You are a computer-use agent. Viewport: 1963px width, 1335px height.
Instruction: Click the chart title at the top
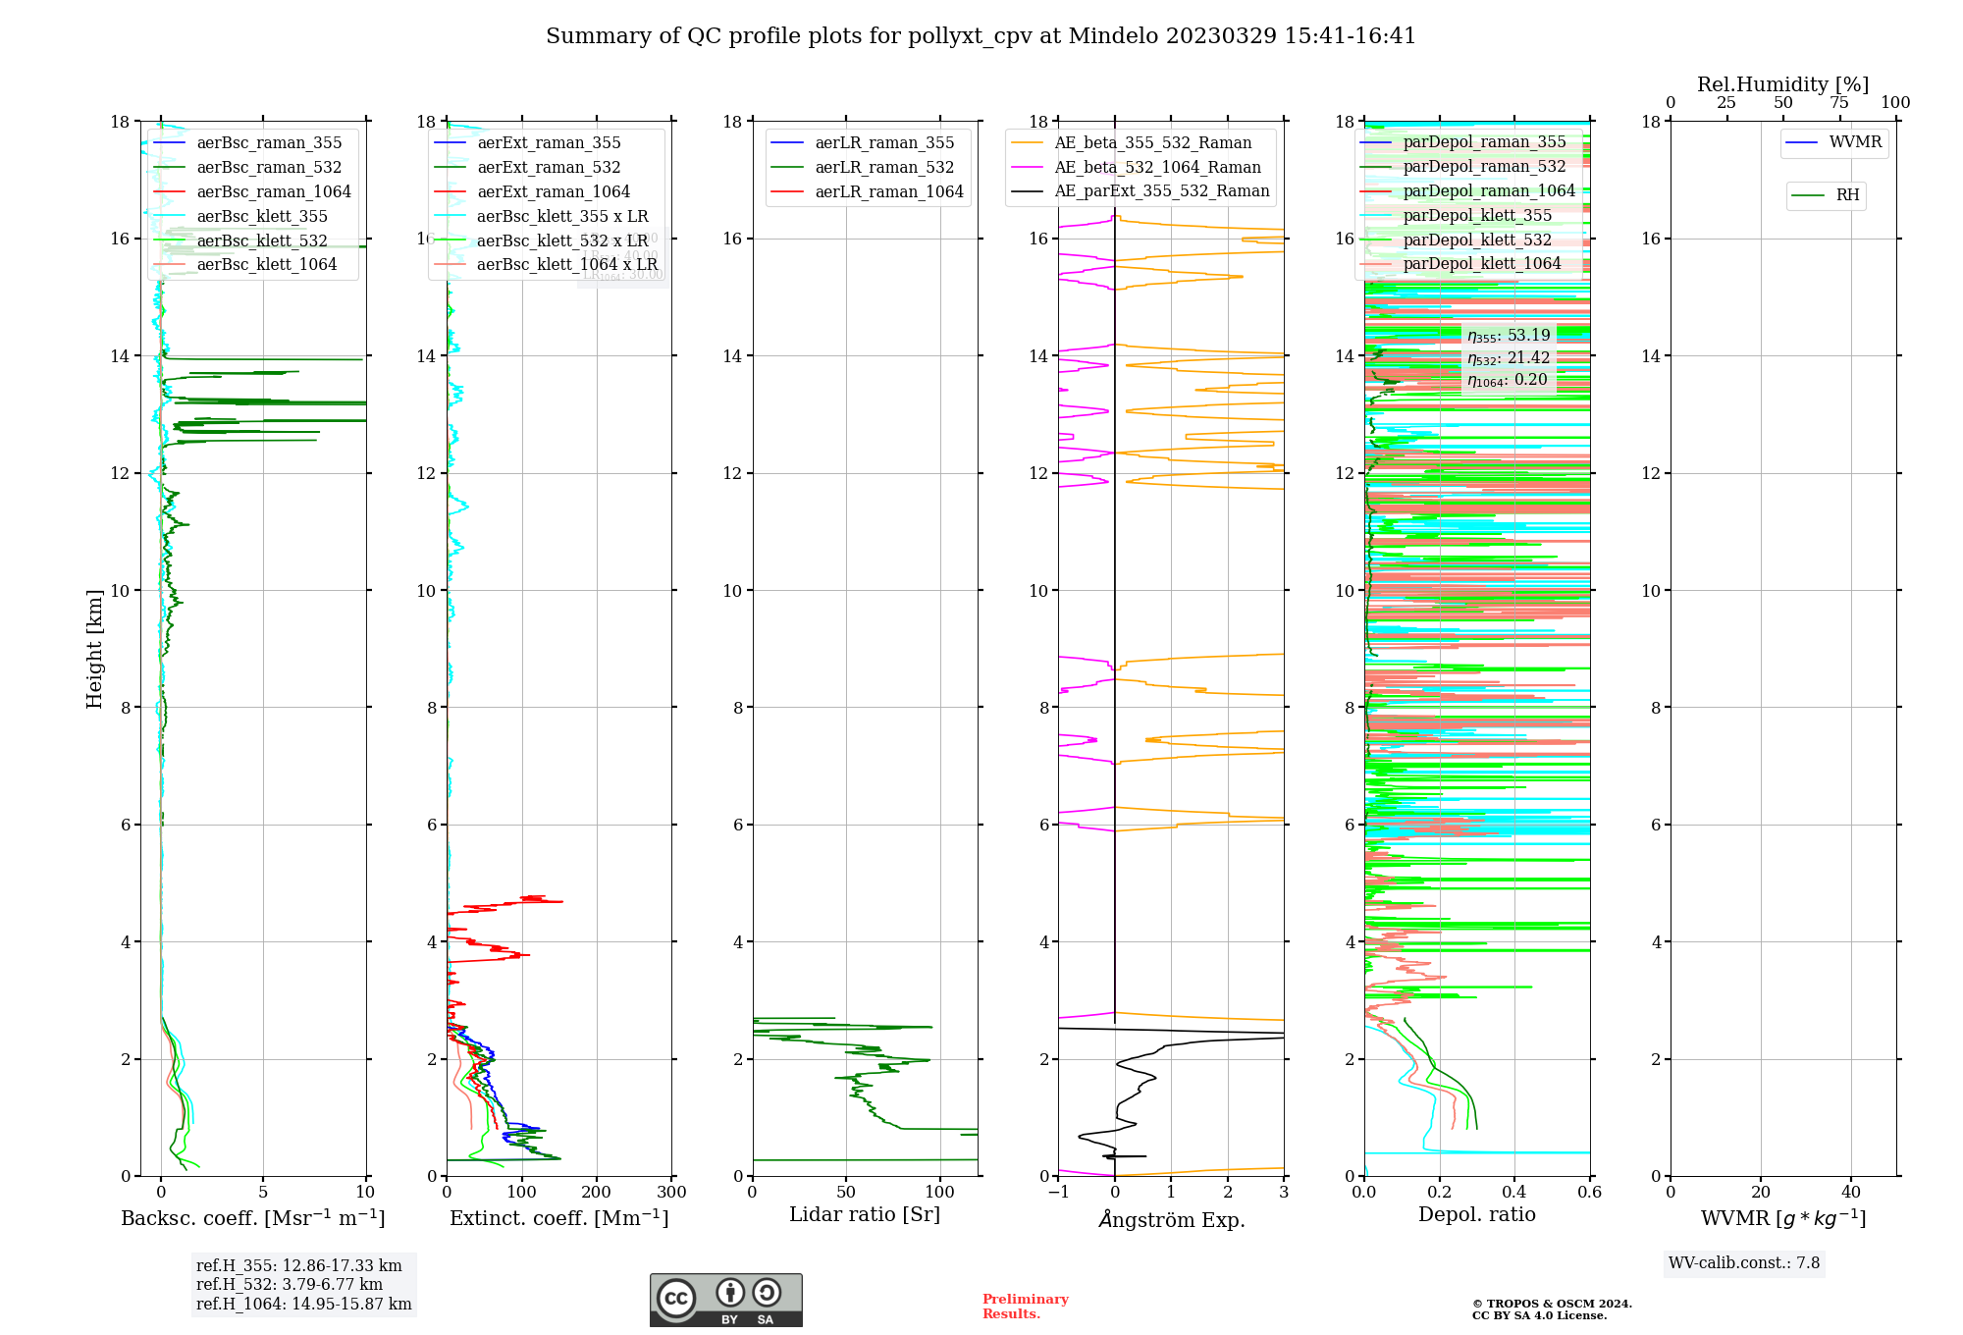pos(981,36)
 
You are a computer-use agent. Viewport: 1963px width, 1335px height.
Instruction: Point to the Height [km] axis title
pos(94,649)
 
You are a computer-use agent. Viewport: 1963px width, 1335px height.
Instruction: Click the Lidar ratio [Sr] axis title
pos(865,1214)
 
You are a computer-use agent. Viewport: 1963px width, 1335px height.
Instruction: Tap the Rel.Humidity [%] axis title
pos(1782,84)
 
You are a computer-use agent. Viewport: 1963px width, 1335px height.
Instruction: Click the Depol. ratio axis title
pos(1476,1214)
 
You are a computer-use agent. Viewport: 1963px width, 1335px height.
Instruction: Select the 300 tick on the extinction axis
pos(672,1193)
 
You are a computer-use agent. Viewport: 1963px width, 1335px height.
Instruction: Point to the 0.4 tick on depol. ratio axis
pos(1514,1193)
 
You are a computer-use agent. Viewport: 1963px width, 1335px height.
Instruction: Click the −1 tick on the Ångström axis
pos(1058,1193)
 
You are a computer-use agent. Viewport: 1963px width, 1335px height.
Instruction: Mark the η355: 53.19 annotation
pos(1509,336)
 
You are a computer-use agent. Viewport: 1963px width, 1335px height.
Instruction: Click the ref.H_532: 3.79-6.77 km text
pos(289,1284)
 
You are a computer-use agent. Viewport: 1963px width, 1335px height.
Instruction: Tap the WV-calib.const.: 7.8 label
pos(1743,1262)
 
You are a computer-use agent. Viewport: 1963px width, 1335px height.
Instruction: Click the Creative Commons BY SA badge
pos(725,1300)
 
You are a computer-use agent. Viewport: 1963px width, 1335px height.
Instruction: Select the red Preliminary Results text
pos(1025,1306)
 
